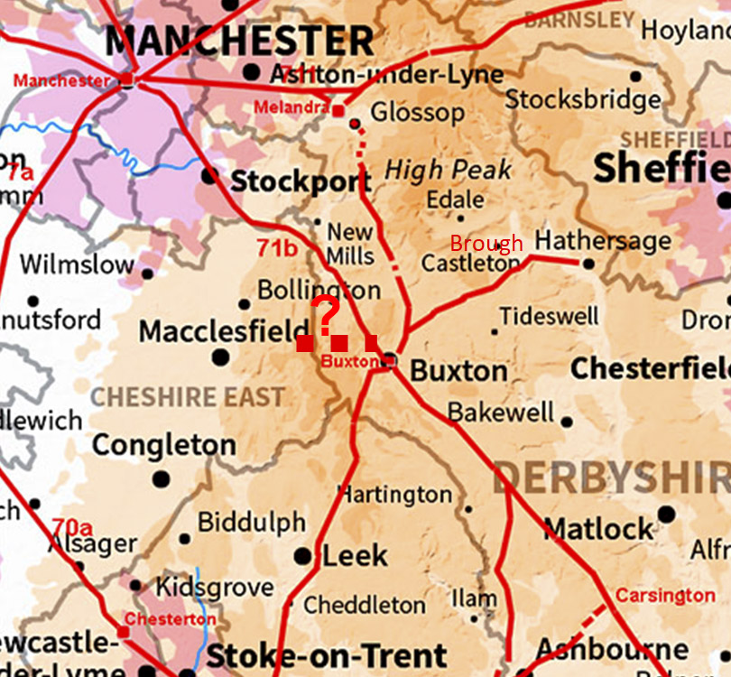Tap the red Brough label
click(486, 243)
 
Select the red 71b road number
click(276, 248)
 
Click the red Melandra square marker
click(338, 111)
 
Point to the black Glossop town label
click(418, 113)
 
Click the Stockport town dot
click(209, 175)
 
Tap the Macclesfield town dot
click(219, 357)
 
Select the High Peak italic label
click(449, 169)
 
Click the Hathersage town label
click(603, 241)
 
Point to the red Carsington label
click(665, 595)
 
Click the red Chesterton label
click(170, 619)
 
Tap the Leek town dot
click(303, 556)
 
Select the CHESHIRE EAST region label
click(188, 396)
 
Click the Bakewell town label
click(501, 413)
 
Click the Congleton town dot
click(161, 478)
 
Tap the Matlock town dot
click(666, 515)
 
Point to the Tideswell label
click(549, 316)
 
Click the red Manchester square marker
click(127, 79)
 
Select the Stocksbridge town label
click(583, 98)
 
